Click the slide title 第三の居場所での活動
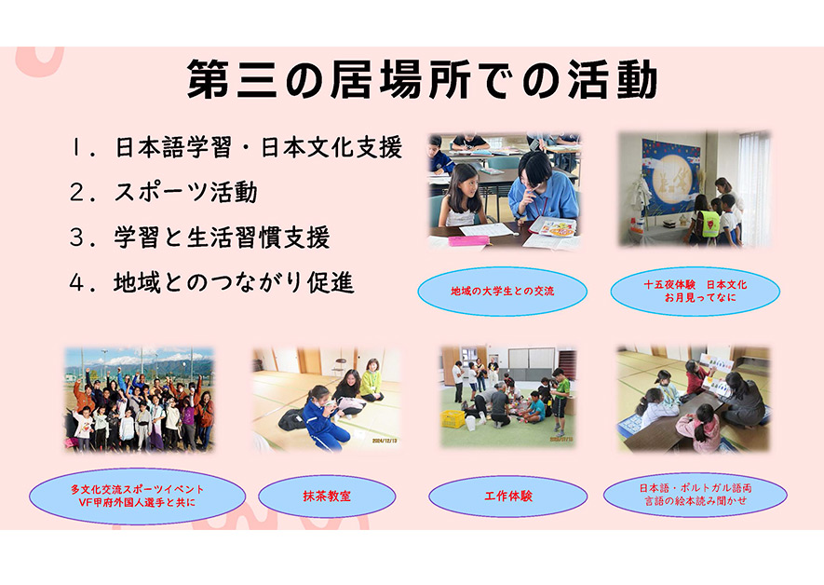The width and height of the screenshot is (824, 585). tap(421, 80)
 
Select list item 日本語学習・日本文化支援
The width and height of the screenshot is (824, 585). tap(258, 147)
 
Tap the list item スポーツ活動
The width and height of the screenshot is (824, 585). tap(185, 193)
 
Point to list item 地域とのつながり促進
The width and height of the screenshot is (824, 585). tap(234, 282)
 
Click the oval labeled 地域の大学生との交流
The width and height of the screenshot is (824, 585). tap(503, 292)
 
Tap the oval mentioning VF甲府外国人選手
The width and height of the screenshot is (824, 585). tap(138, 497)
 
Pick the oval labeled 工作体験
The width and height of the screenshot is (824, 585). tap(507, 497)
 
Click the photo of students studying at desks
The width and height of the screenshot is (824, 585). tap(503, 191)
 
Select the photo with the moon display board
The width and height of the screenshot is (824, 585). tap(695, 189)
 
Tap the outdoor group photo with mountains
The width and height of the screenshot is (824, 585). tap(139, 399)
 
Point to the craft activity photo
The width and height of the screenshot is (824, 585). tap(507, 397)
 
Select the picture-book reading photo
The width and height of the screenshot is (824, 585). tap(694, 399)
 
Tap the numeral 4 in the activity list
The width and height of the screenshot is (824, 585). tap(77, 283)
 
